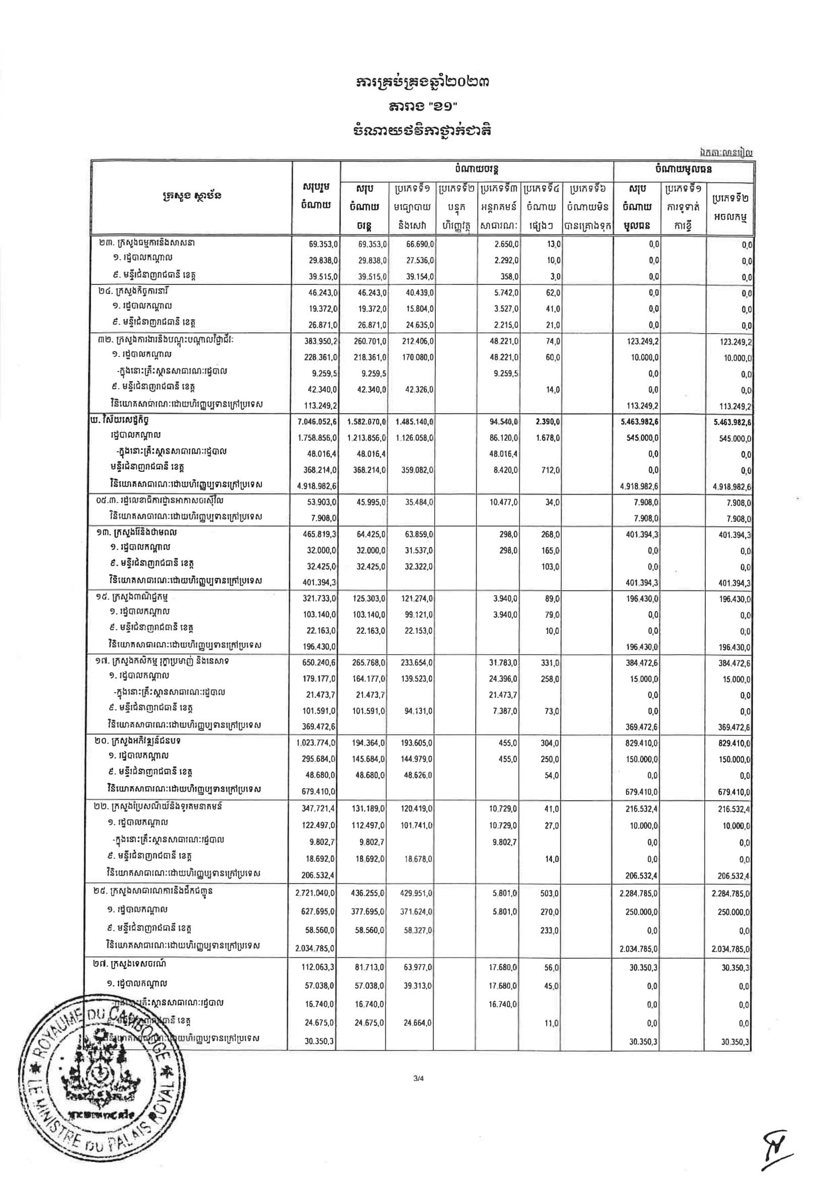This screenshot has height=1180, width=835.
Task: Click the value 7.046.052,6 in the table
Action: (317, 422)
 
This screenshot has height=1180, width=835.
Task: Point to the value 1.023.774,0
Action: (317, 743)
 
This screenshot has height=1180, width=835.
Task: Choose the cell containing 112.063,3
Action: (319, 968)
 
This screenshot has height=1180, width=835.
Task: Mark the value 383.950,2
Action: (319, 342)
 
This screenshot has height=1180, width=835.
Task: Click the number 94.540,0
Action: (504, 422)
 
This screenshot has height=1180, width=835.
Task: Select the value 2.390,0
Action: (549, 422)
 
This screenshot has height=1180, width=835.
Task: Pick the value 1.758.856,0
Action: (317, 439)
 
